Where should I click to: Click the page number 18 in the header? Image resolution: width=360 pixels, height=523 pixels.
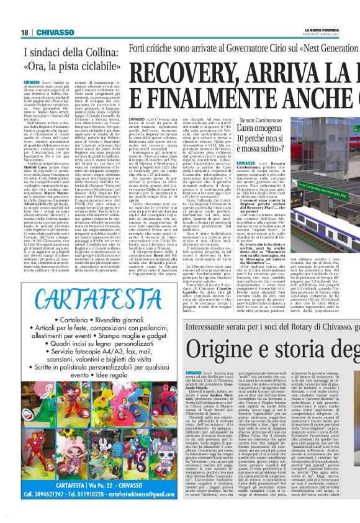24,32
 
